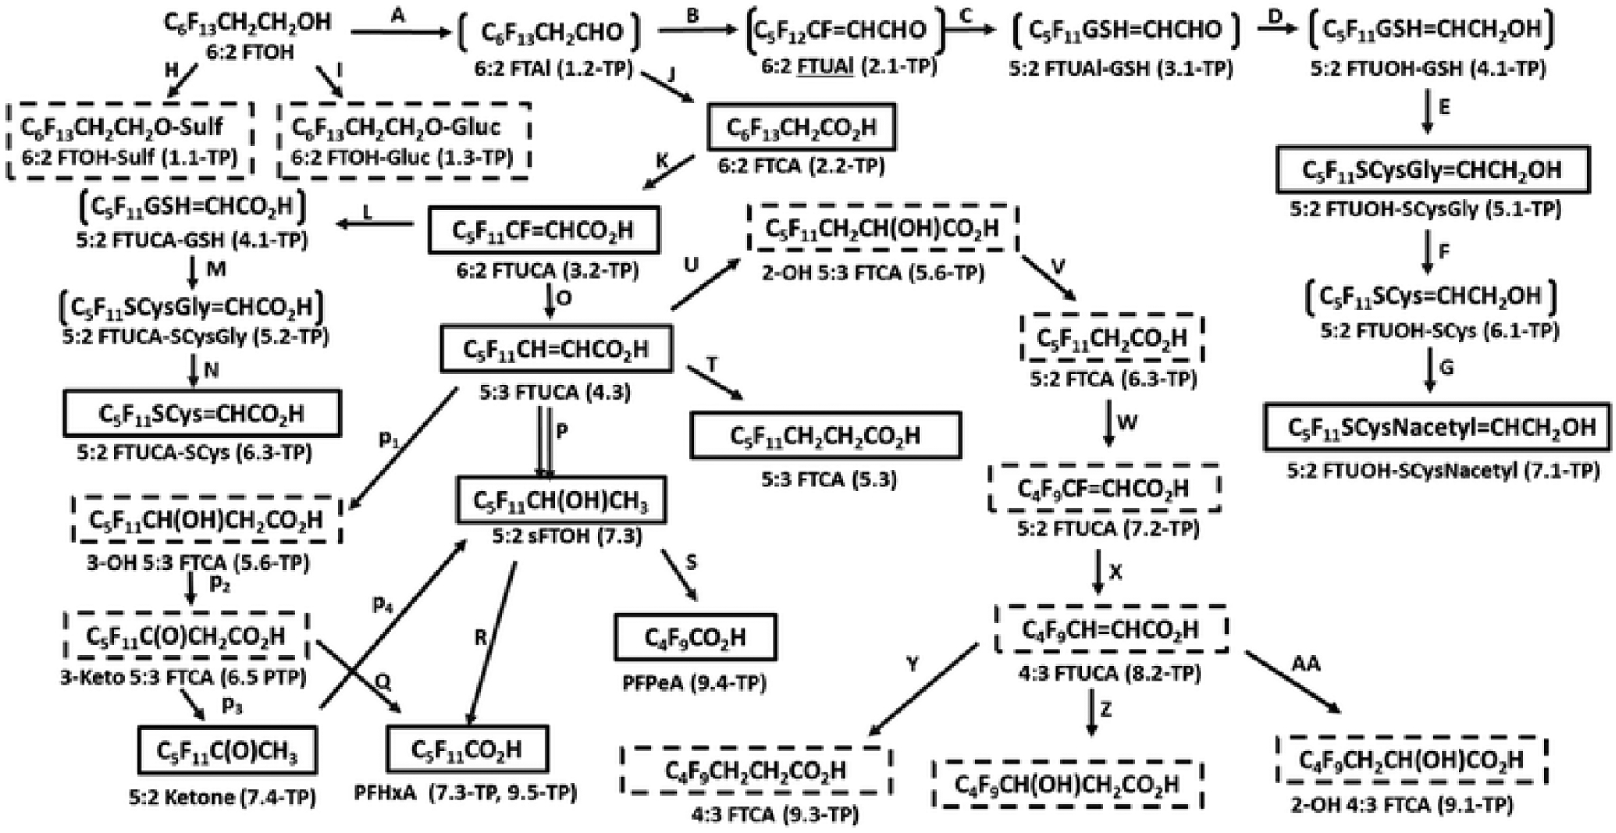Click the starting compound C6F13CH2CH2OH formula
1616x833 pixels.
247,23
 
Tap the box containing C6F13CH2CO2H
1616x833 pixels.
800,128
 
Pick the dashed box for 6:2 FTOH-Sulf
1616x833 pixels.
130,140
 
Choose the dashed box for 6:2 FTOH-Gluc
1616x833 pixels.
404,140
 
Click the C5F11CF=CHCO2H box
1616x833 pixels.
543,230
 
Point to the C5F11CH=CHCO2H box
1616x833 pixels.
556,349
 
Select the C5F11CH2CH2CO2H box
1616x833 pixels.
825,436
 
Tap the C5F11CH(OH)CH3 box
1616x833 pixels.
561,501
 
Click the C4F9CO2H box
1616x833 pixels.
695,637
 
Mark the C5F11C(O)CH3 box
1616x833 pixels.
227,750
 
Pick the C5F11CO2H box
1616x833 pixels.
466,749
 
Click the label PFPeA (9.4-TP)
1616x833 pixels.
694,682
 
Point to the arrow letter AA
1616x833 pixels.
1305,664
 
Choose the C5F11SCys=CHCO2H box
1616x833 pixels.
202,413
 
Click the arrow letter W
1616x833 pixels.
1127,422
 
